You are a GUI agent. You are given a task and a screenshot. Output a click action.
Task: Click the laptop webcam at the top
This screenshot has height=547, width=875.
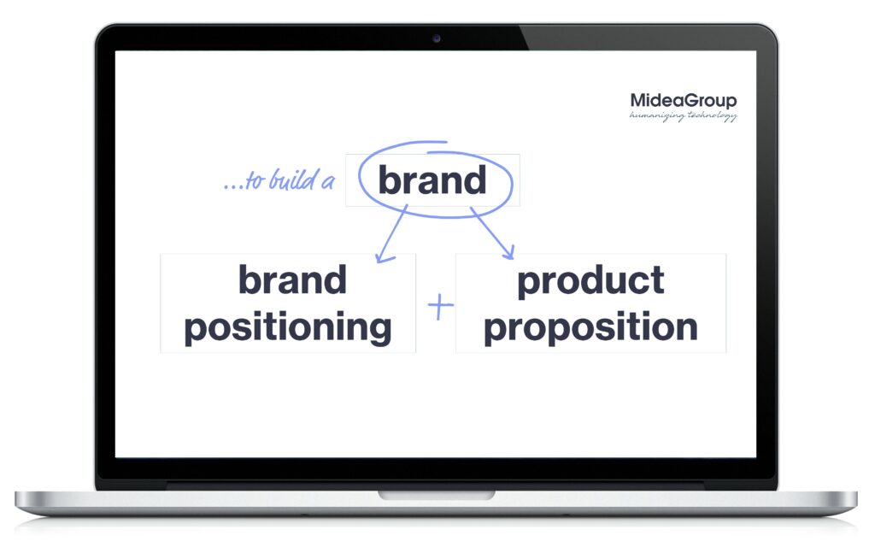437,38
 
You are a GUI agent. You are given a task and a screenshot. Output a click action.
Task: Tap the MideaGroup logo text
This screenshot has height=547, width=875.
683,101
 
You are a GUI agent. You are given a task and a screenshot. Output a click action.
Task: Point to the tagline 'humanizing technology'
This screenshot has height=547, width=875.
683,115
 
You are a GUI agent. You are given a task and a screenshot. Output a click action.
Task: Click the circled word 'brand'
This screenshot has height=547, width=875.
432,179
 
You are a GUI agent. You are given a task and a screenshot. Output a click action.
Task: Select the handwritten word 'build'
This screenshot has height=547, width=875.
292,179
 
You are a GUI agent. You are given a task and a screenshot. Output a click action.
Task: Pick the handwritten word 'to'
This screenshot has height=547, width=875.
255,181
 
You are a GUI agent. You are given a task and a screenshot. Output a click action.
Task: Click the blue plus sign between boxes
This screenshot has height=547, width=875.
440,307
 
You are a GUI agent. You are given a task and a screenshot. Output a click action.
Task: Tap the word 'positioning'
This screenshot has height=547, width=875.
288,327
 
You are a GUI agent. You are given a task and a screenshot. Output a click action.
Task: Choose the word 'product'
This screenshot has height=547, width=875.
591,281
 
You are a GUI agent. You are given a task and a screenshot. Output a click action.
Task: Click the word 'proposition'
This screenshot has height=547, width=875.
591,327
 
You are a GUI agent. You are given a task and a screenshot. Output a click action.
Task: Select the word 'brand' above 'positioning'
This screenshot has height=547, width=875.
292,279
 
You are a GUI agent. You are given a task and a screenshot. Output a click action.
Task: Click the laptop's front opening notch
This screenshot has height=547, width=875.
437,495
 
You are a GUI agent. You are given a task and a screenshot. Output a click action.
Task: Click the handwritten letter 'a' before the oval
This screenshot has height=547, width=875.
328,182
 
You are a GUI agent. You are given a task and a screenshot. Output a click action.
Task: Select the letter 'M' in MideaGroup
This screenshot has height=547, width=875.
638,101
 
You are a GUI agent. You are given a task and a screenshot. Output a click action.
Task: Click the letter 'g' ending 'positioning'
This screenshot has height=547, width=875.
379,332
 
